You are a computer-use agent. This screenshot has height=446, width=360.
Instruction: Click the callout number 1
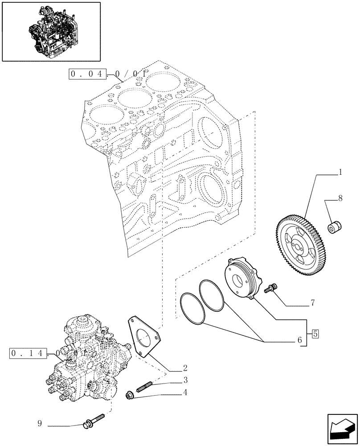[x=340, y=171]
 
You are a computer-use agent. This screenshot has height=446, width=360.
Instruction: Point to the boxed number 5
[x=315, y=333]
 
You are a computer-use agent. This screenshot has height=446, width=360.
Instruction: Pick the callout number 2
[x=184, y=368]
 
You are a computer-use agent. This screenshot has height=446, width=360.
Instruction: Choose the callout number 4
[x=184, y=392]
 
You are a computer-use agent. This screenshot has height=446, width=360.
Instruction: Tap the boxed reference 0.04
[x=87, y=74]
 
